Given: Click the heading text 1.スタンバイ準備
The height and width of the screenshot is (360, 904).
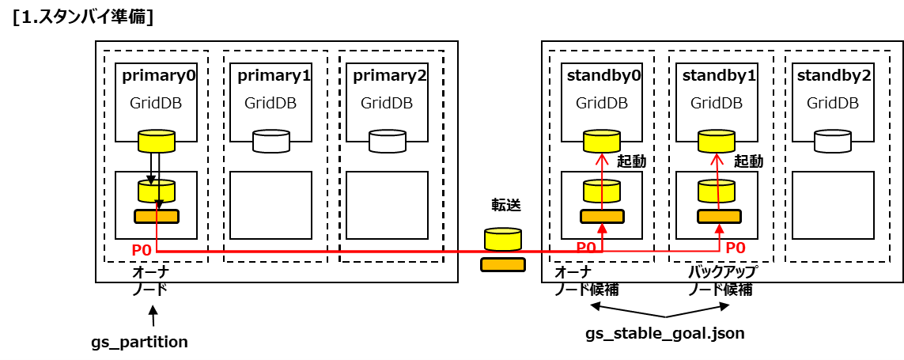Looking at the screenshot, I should [83, 17].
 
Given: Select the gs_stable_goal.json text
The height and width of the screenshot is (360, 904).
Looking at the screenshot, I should [664, 333].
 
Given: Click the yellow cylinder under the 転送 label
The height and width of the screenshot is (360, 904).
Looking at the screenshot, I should [503, 239].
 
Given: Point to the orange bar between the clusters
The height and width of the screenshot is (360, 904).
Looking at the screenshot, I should [503, 265].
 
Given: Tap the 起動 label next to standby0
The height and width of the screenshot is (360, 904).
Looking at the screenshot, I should [634, 161].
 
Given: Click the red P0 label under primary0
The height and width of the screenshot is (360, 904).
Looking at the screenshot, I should [142, 250].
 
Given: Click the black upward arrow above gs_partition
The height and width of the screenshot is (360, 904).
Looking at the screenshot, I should [153, 316].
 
